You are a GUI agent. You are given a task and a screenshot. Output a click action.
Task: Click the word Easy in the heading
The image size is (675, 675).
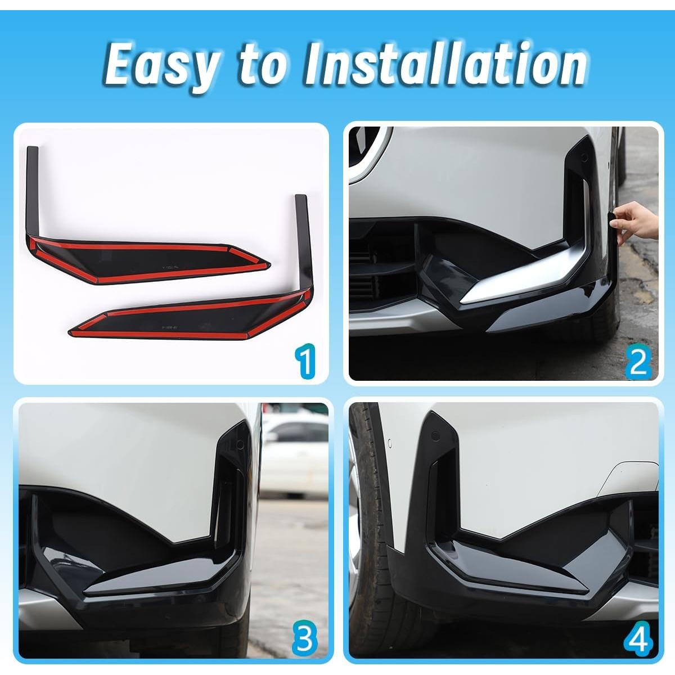point(161,65)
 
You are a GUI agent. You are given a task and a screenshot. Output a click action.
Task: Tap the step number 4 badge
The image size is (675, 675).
point(638,640)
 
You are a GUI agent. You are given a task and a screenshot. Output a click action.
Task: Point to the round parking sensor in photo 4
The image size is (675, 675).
point(435,436)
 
